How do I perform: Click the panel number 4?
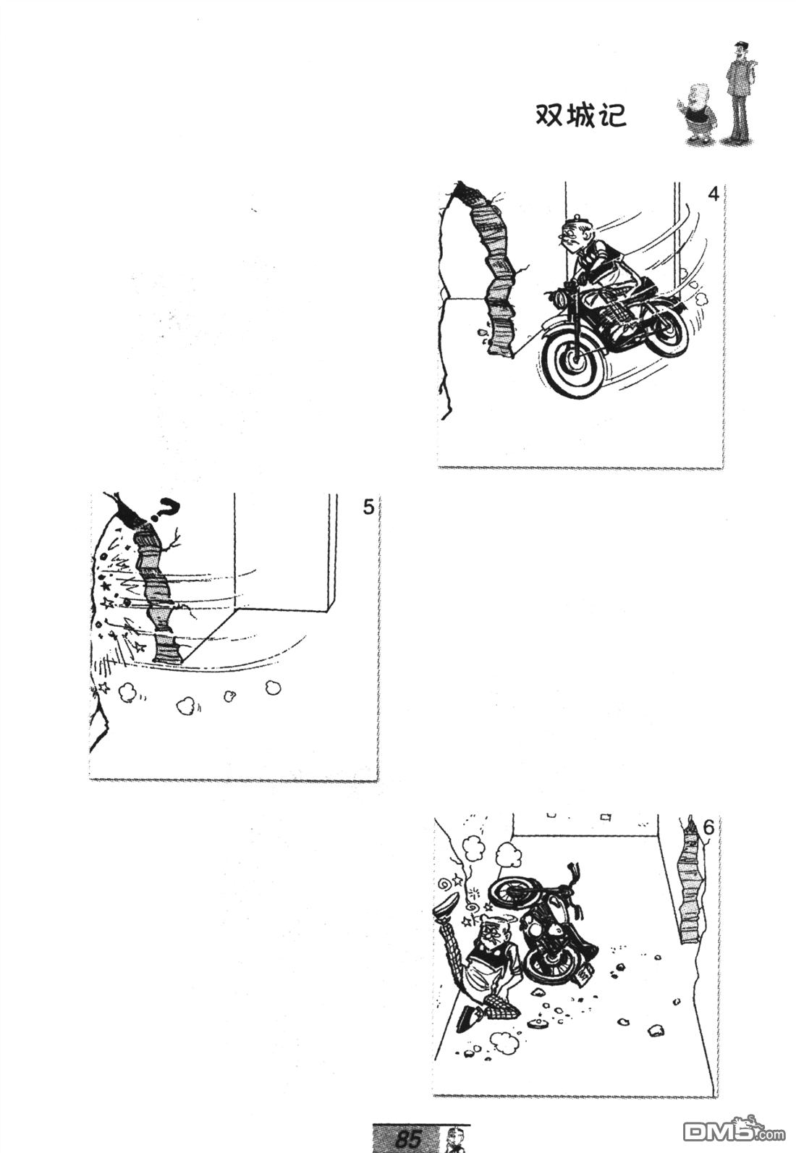pos(713,195)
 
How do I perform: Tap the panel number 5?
pos(368,507)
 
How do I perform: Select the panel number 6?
pos(708,828)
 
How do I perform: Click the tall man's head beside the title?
pos(740,51)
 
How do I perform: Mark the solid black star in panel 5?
pos(106,586)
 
